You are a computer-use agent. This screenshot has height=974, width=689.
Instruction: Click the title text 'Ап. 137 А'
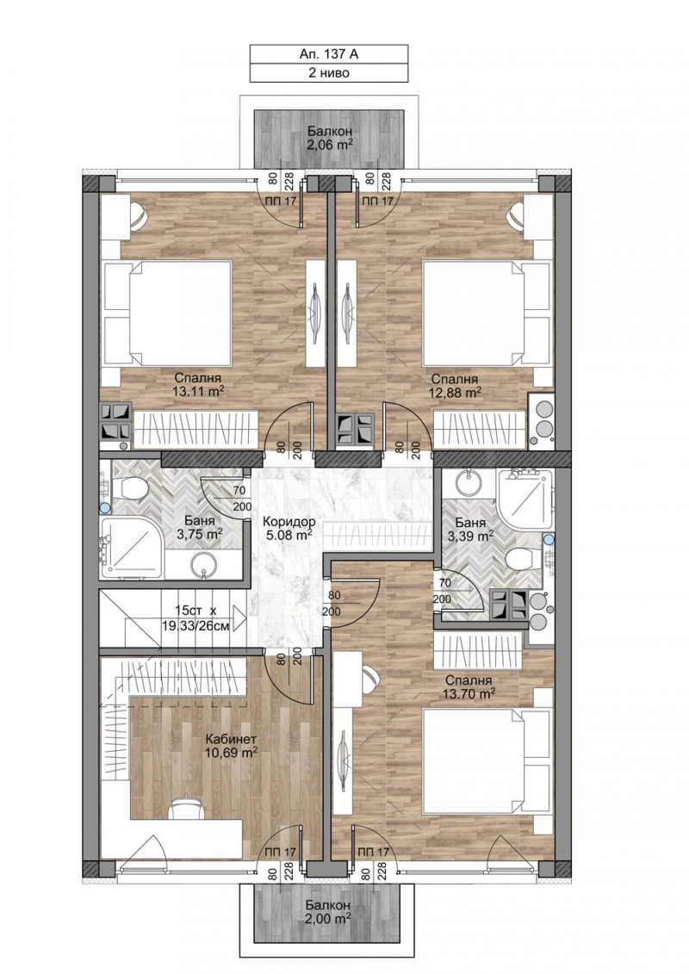(x=328, y=53)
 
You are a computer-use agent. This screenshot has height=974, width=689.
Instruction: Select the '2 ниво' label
(x=328, y=73)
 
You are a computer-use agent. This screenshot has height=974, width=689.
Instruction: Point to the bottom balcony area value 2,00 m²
(x=327, y=919)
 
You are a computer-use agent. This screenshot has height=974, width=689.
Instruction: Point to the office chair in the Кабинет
(x=183, y=807)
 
